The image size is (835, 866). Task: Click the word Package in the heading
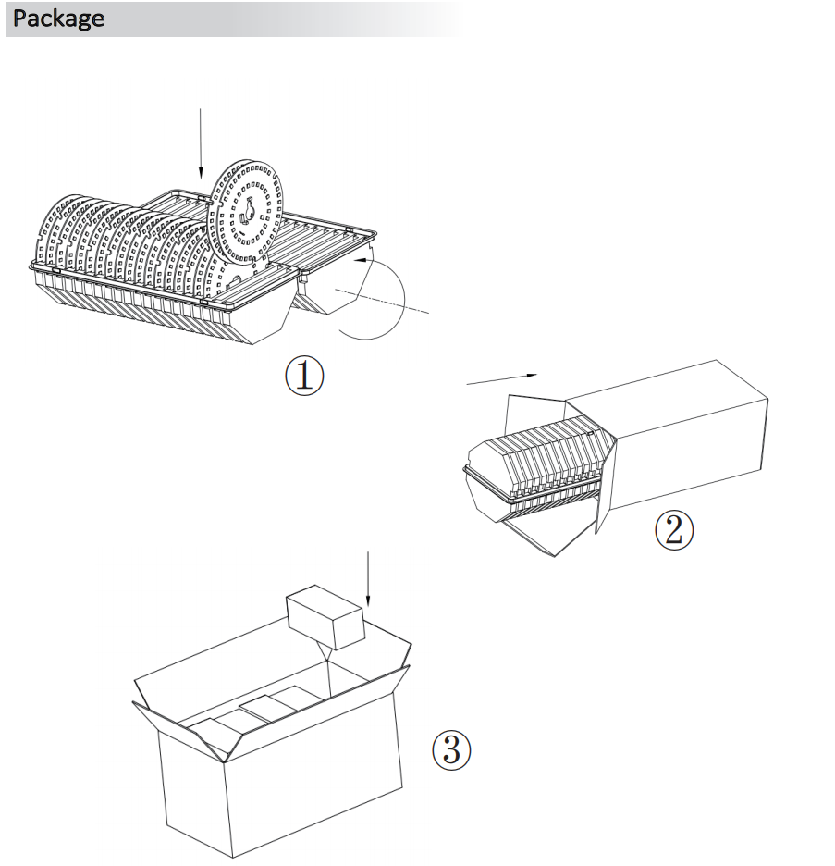(x=58, y=19)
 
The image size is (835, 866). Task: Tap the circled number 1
(x=304, y=376)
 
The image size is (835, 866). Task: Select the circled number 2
(x=674, y=530)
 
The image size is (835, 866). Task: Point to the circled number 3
(x=451, y=750)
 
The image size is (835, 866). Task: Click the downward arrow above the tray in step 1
(x=201, y=144)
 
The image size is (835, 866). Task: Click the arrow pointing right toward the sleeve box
(x=502, y=379)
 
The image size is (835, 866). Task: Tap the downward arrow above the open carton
(x=368, y=578)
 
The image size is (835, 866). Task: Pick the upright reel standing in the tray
(x=246, y=213)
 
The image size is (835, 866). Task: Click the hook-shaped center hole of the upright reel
(x=247, y=212)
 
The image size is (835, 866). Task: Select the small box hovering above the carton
(x=326, y=617)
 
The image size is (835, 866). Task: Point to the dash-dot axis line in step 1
(x=382, y=301)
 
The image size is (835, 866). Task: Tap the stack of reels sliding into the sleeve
(x=541, y=458)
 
